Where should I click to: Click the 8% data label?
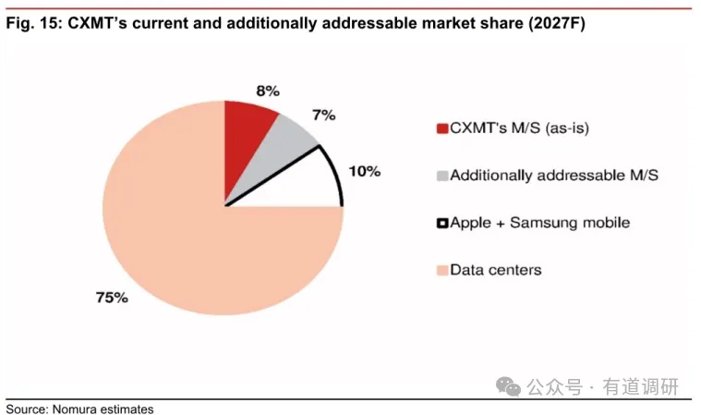pos(268,92)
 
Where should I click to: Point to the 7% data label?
pos(324,116)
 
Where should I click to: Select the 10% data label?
pos(365,171)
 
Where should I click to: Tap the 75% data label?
pos(112,298)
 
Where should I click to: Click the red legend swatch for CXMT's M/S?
pos(442,128)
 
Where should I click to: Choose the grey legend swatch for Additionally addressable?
pos(442,176)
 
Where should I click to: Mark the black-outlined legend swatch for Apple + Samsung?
pos(442,223)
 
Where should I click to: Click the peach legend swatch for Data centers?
pos(442,271)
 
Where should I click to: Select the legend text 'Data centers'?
pos(496,270)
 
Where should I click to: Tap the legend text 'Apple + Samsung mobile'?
pos(540,223)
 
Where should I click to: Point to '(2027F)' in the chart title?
pos(557,23)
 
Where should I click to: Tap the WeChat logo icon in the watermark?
pos(508,386)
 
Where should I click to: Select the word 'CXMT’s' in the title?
pos(98,23)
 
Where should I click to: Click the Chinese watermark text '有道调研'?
pos(640,387)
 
